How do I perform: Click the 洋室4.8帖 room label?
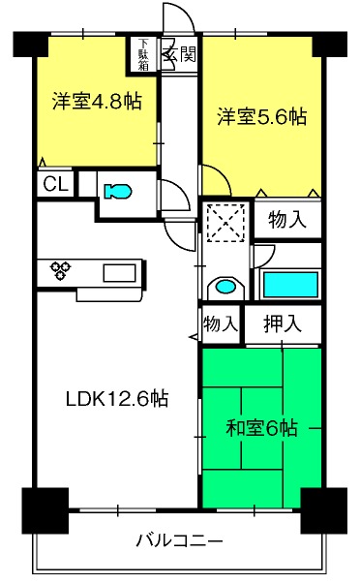click(x=97, y=101)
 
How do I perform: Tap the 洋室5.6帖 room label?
click(x=262, y=116)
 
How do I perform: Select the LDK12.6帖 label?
click(x=117, y=398)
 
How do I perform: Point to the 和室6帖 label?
click(x=261, y=428)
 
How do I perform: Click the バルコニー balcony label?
click(x=179, y=539)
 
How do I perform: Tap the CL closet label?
click(x=56, y=184)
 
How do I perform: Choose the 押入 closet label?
click(x=283, y=323)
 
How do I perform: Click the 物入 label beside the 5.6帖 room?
click(x=287, y=219)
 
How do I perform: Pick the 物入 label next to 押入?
click(x=221, y=323)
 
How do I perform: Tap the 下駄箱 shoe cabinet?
click(x=143, y=55)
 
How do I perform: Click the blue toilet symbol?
click(x=118, y=192)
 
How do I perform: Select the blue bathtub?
click(x=290, y=285)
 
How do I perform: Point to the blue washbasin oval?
click(x=226, y=287)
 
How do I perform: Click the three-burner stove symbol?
click(x=61, y=270)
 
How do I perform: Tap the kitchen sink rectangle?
click(x=119, y=273)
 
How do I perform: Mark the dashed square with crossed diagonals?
click(x=226, y=223)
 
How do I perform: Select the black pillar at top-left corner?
click(x=31, y=45)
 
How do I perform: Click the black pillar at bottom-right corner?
click(x=323, y=510)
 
